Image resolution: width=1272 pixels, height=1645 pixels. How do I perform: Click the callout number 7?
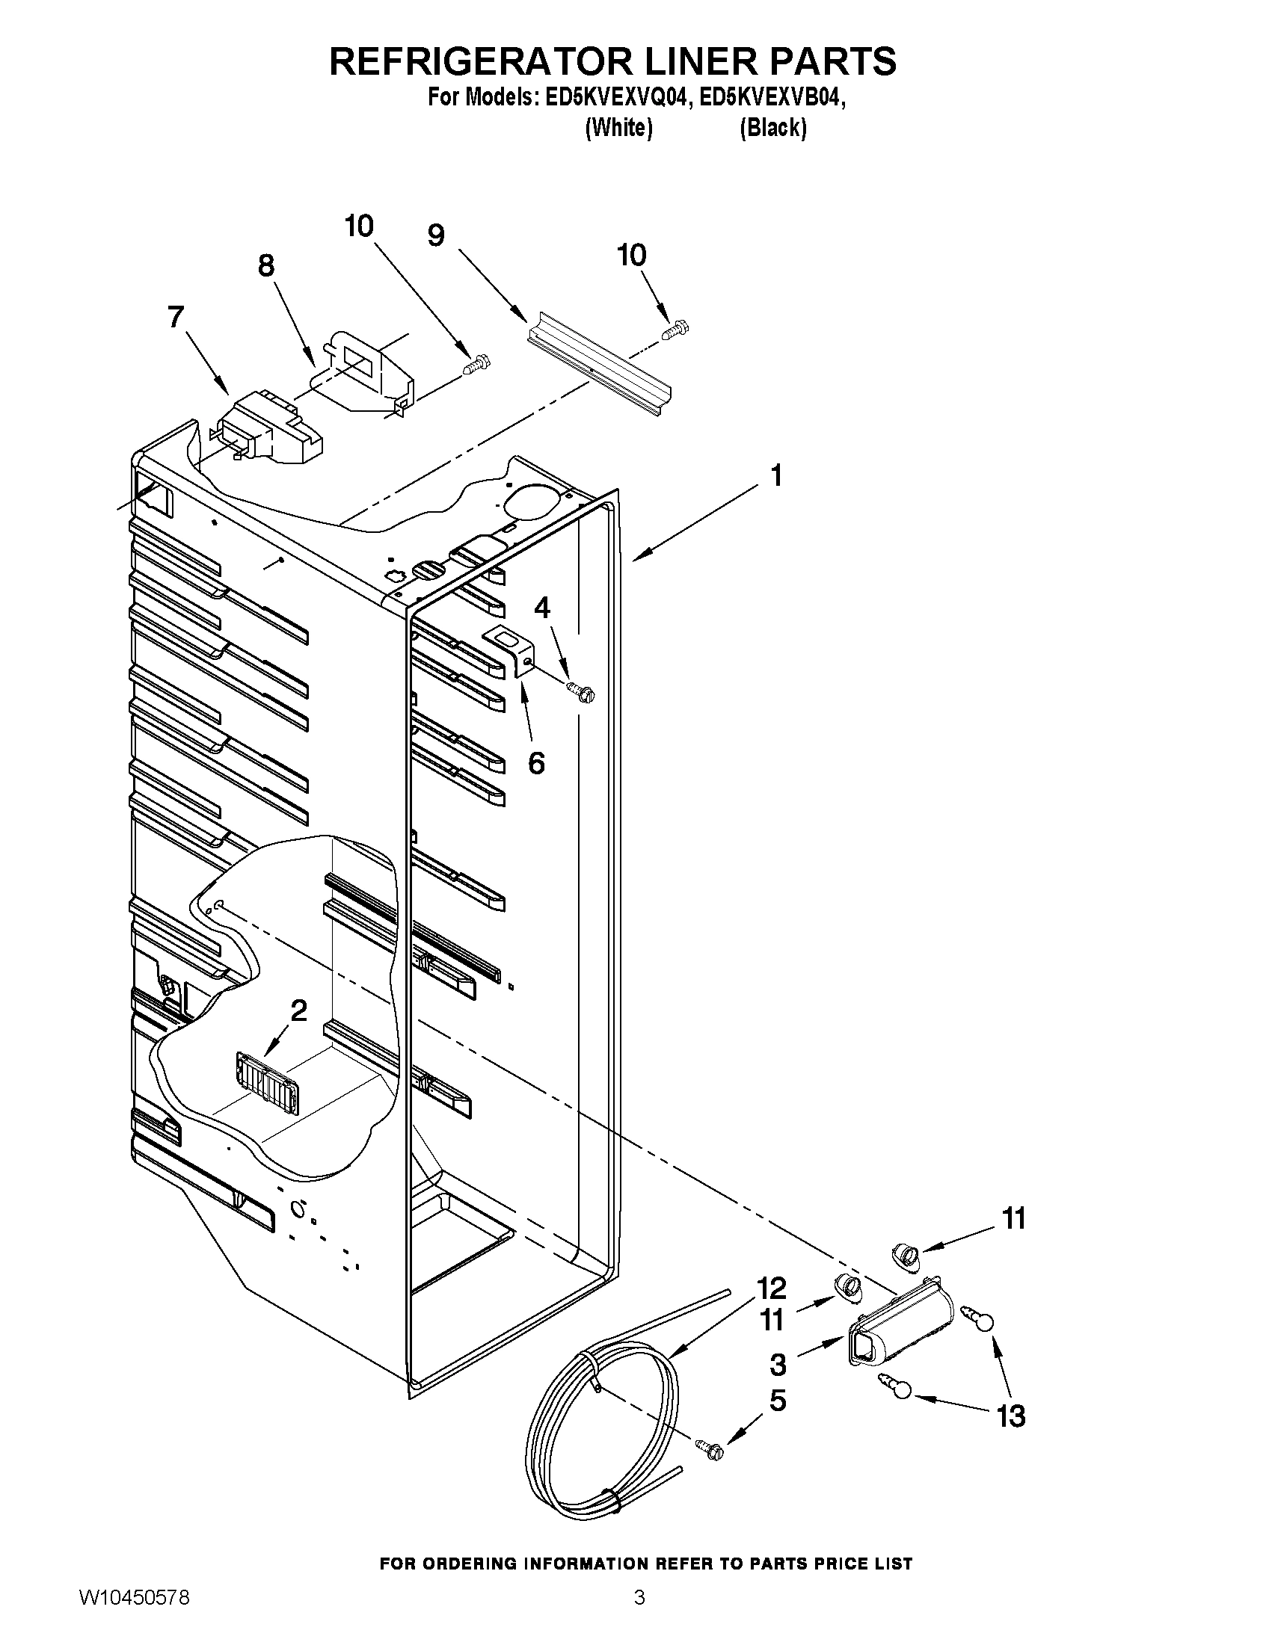pos(176,317)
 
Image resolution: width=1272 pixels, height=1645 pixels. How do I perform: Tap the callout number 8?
pos(266,265)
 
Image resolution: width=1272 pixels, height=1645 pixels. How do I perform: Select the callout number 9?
pos(435,235)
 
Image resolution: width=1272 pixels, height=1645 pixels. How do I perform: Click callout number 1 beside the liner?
pos(775,476)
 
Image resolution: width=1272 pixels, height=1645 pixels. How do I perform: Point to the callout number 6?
pos(535,763)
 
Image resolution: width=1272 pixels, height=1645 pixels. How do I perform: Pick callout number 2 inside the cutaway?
pos(298,1010)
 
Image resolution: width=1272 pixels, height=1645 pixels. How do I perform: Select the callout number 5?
pos(777,1400)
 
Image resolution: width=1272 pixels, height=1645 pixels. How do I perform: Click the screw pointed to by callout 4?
pos(581,689)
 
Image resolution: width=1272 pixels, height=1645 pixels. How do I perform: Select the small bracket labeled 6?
pos(511,648)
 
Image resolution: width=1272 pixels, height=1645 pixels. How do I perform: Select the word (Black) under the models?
pos(773,128)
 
